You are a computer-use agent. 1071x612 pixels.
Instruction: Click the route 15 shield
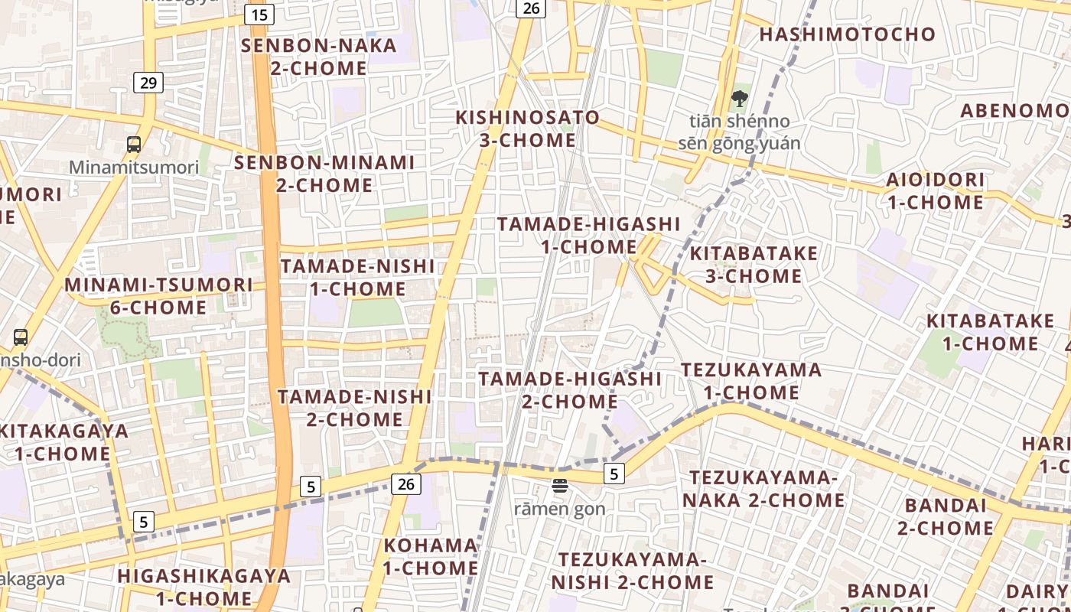pyautogui.click(x=259, y=14)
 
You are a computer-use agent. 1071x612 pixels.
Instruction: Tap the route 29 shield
pyautogui.click(x=148, y=83)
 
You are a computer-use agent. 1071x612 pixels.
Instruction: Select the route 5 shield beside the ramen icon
pyautogui.click(x=614, y=474)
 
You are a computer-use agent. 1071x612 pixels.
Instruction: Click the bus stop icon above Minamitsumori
pyautogui.click(x=134, y=144)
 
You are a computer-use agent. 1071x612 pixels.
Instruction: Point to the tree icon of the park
pyautogui.click(x=739, y=99)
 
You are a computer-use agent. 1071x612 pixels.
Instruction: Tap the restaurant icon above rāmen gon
pyautogui.click(x=560, y=485)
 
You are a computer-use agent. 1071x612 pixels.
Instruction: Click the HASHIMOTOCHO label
pyautogui.click(x=847, y=34)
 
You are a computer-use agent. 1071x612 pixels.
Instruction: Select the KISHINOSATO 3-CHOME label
pyautogui.click(x=528, y=129)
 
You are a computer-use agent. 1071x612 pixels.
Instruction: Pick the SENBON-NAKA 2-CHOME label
pyautogui.click(x=319, y=57)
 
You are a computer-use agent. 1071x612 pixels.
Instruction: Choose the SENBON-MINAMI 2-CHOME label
pyautogui.click(x=324, y=174)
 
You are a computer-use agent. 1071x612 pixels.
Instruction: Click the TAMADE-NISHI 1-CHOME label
pyautogui.click(x=357, y=278)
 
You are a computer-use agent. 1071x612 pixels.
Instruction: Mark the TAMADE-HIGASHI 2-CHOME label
pyautogui.click(x=570, y=390)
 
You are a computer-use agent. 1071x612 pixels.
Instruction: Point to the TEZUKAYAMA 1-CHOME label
pyautogui.click(x=751, y=381)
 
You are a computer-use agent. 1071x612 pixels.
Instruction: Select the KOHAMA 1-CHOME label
pyautogui.click(x=431, y=557)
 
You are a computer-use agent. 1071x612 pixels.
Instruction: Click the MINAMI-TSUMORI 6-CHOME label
pyautogui.click(x=158, y=296)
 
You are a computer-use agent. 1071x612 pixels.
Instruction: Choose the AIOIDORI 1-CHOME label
pyautogui.click(x=935, y=191)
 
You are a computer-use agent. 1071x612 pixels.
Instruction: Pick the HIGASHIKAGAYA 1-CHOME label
pyautogui.click(x=204, y=587)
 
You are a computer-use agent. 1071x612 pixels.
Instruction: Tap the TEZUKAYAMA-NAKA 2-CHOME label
pyautogui.click(x=763, y=489)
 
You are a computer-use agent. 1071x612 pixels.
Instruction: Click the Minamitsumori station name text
pyautogui.click(x=134, y=167)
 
